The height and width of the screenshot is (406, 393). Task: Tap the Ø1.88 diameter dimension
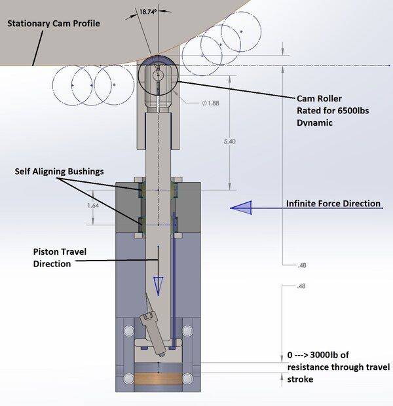tap(193, 101)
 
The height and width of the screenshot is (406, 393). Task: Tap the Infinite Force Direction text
tap(333, 203)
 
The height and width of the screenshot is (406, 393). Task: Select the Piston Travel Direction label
tap(60, 257)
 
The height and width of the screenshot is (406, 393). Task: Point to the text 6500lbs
tap(352, 111)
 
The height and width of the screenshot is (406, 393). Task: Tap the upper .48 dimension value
tap(301, 265)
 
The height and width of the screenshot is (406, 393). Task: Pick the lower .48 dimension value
tap(301, 286)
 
